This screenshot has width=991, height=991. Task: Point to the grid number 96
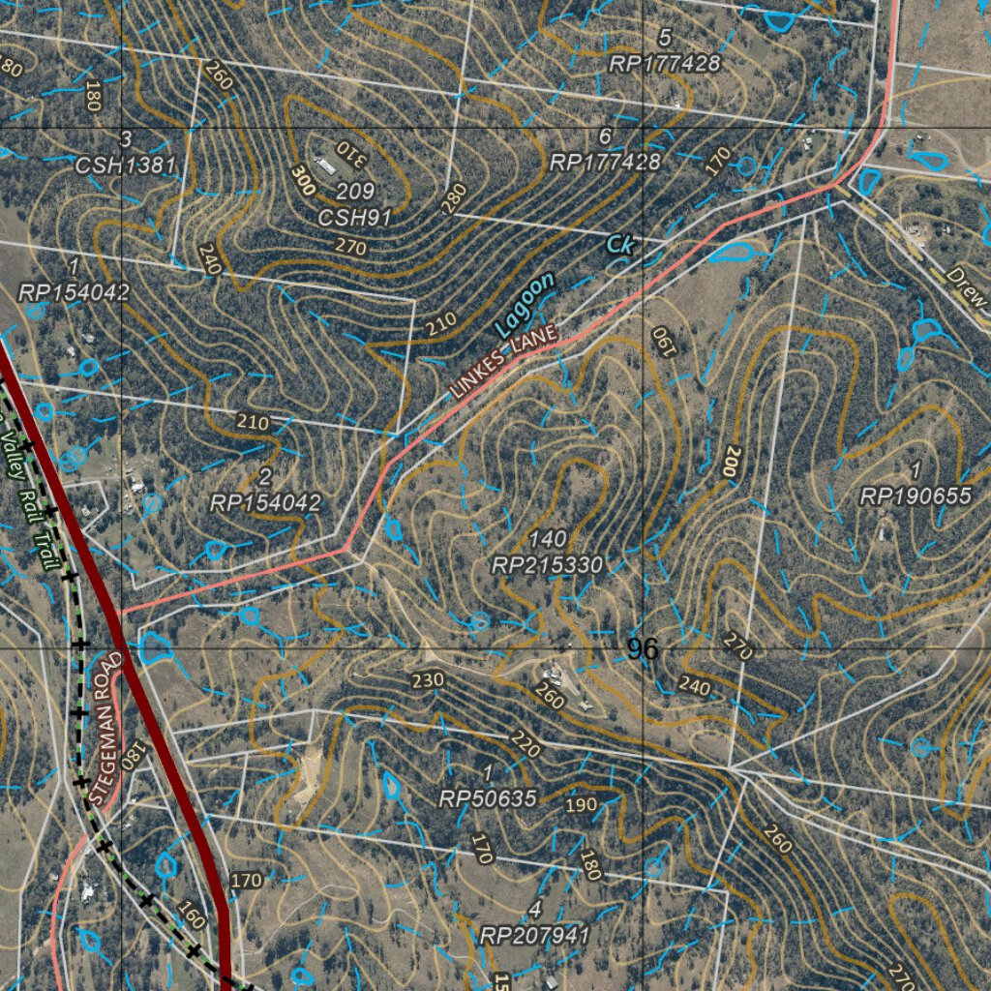click(643, 649)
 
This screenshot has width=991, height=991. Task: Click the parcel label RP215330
click(547, 565)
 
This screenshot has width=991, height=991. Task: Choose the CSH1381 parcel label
click(126, 165)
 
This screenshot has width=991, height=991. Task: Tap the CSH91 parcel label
click(355, 218)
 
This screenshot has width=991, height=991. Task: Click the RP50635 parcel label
click(488, 799)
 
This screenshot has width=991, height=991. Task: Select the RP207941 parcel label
click(534, 936)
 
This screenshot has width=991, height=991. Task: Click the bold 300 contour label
click(303, 181)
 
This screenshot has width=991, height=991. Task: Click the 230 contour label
click(427, 680)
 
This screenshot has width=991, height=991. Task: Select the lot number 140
click(547, 539)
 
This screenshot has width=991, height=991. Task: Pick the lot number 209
click(355, 192)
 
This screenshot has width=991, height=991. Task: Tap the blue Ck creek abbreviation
click(619, 246)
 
